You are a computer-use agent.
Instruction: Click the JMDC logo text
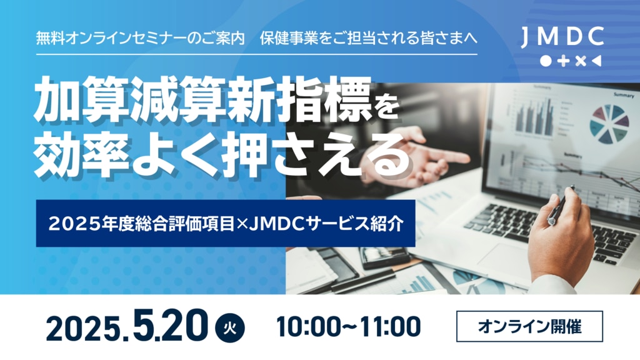[562, 37]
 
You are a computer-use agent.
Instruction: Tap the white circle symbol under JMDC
[546, 61]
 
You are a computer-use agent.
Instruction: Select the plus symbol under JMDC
[563, 61]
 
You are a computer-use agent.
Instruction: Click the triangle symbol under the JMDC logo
[596, 61]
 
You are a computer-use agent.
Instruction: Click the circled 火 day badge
[230, 327]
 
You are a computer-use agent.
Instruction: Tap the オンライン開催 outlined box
[529, 326]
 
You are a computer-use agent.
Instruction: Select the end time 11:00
[391, 326]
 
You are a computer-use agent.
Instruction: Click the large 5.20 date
[170, 325]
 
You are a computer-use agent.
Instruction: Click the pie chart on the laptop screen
[609, 124]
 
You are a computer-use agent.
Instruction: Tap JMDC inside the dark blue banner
[277, 224]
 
